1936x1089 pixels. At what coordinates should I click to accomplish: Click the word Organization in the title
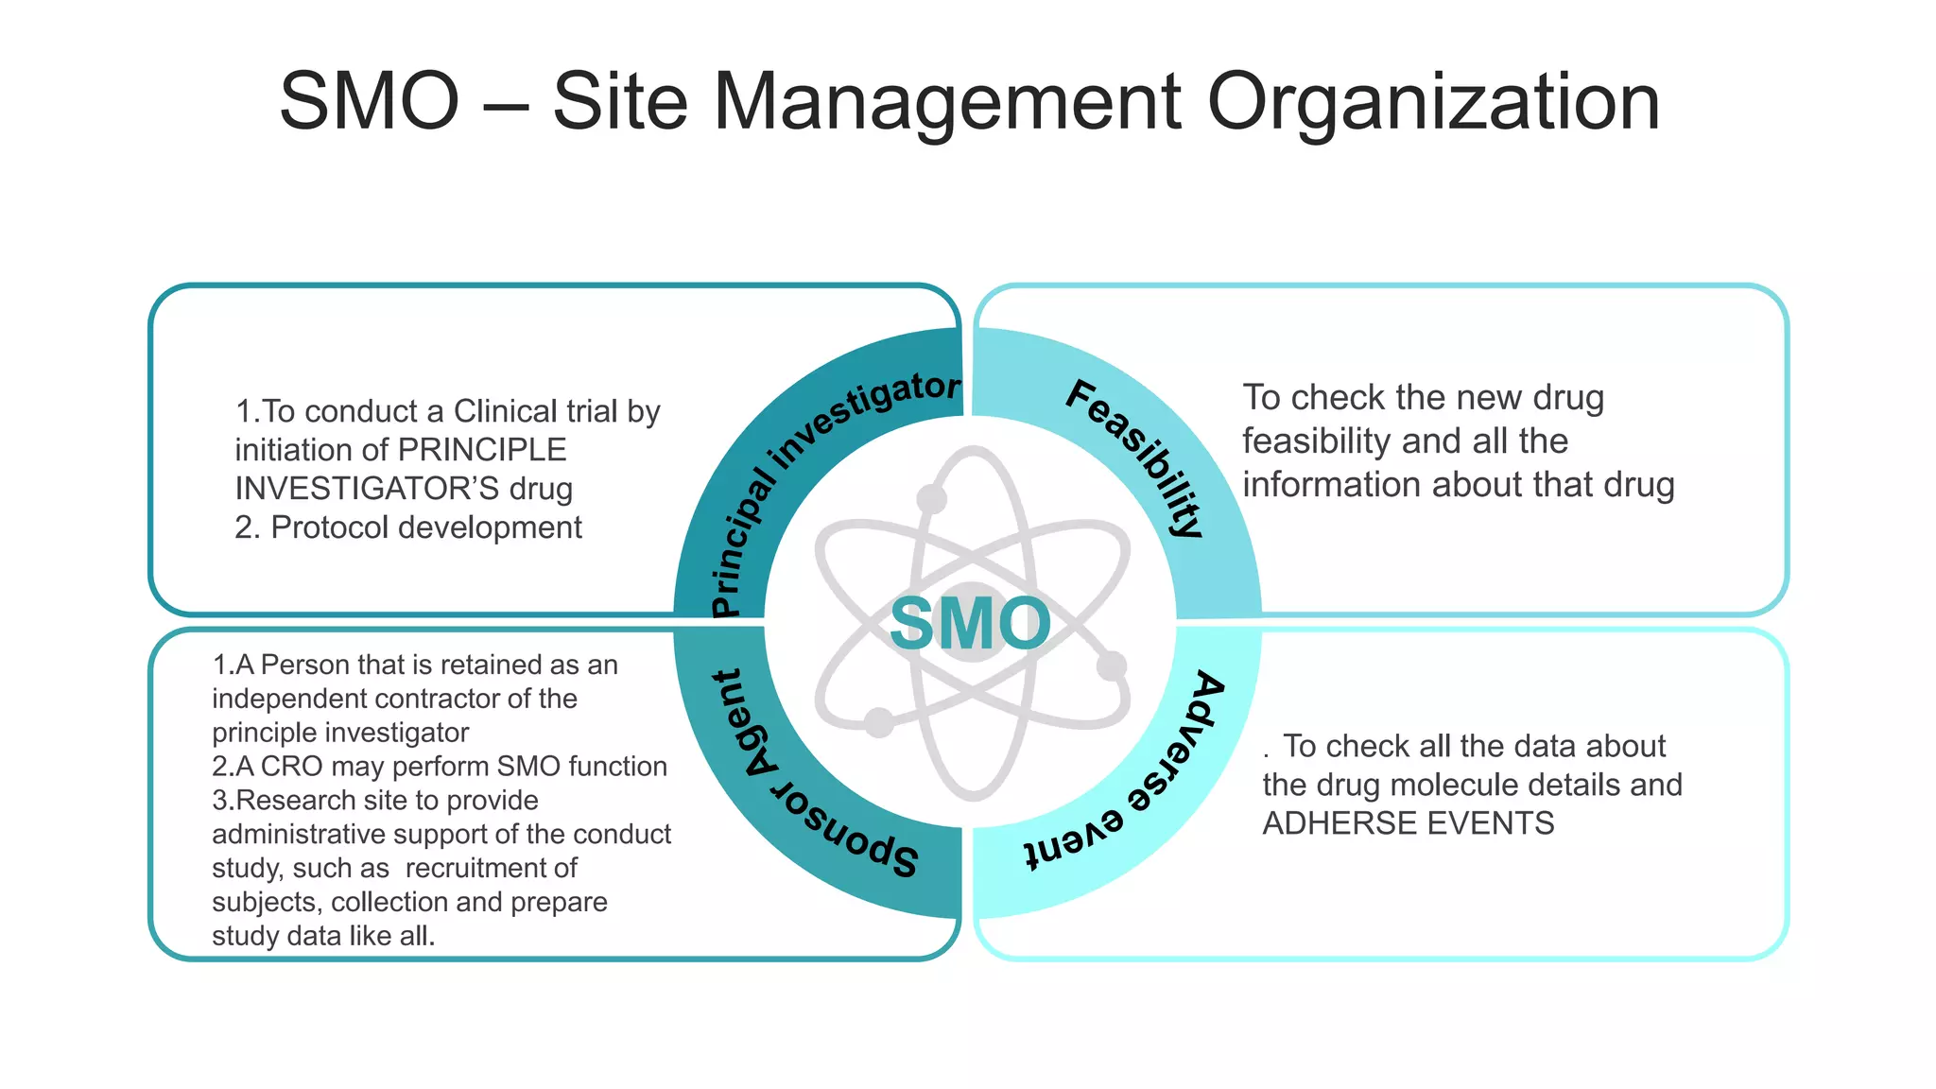click(x=1433, y=102)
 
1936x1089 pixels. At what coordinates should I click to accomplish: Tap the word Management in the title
click(x=947, y=102)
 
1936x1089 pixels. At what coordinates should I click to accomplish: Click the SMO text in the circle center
click(x=970, y=624)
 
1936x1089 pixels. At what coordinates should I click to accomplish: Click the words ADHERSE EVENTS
click(x=1409, y=823)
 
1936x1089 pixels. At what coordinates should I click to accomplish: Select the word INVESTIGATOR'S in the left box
click(x=367, y=489)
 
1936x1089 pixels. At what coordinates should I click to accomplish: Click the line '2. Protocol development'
click(x=408, y=527)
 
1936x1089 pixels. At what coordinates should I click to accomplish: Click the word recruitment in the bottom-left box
click(x=492, y=868)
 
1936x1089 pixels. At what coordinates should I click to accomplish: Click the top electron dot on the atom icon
click(x=932, y=498)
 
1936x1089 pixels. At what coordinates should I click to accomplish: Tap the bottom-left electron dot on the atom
click(x=879, y=722)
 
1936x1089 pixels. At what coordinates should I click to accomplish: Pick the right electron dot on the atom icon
click(x=1112, y=665)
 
